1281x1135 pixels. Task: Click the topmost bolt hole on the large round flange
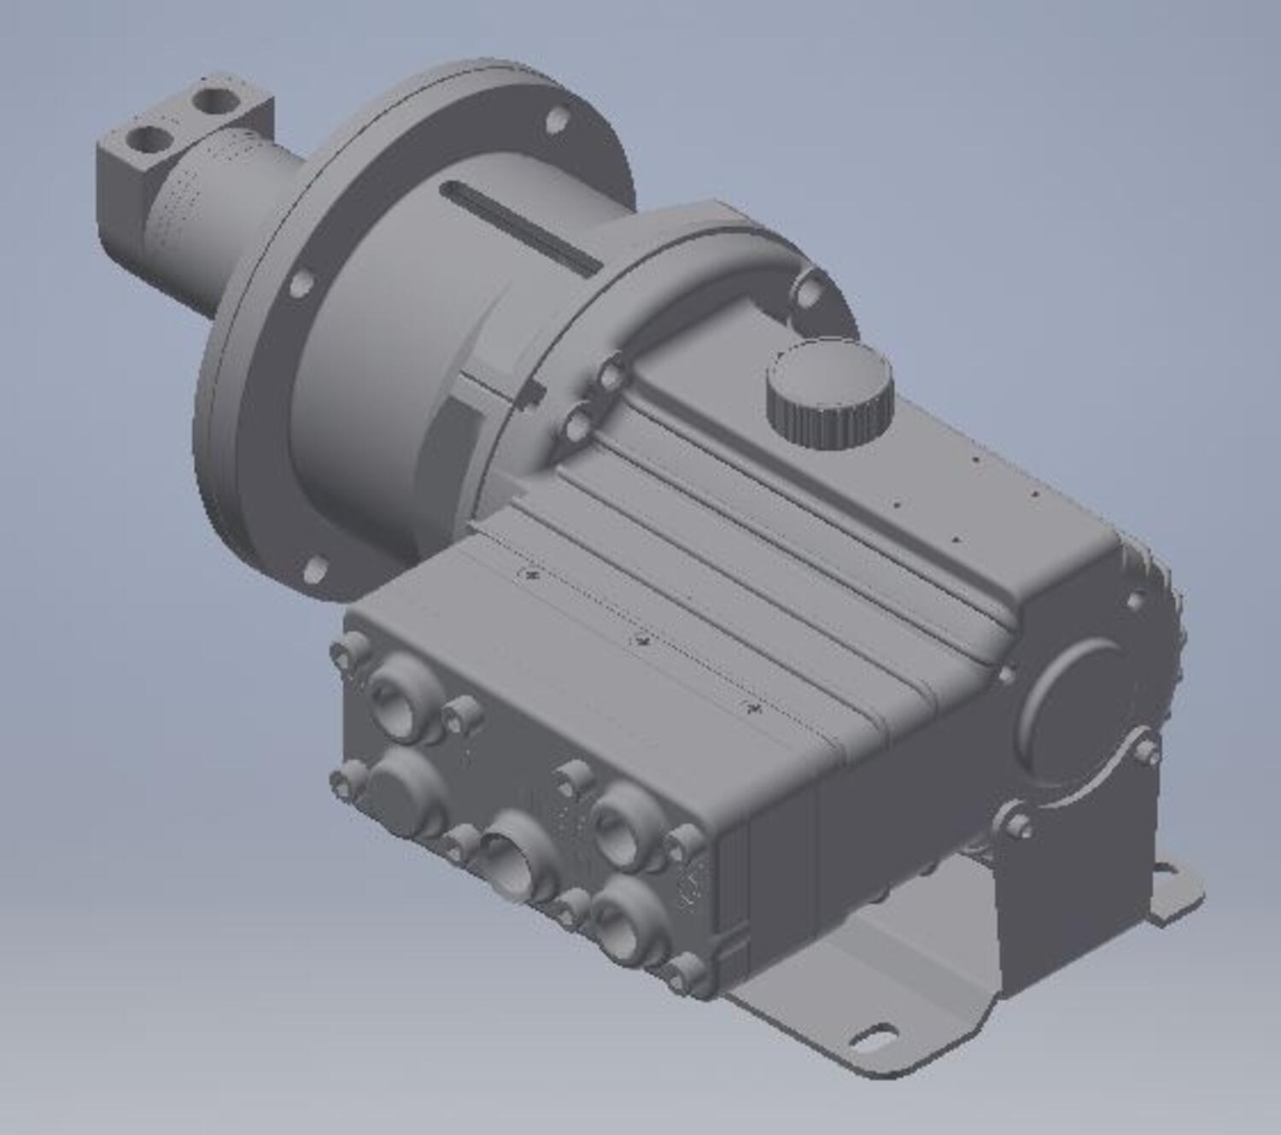pyautogui.click(x=557, y=119)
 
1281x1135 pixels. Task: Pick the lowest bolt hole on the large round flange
pyautogui.click(x=315, y=569)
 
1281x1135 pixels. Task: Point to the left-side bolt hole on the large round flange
pyautogui.click(x=298, y=283)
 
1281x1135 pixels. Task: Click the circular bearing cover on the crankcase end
pyautogui.click(x=1080, y=705)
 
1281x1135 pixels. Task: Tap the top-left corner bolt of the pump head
pyautogui.click(x=349, y=651)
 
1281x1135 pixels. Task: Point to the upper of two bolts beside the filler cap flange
pyautogui.click(x=611, y=374)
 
